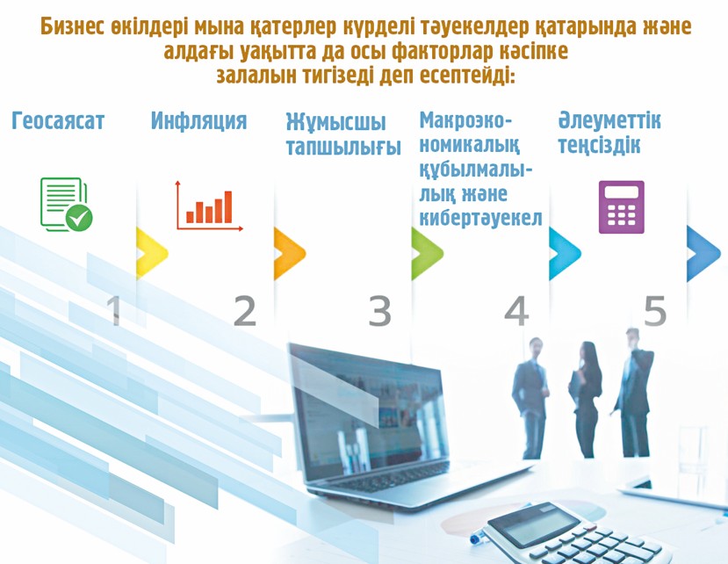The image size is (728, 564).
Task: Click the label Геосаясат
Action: point(58,121)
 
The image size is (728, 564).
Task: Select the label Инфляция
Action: point(198,121)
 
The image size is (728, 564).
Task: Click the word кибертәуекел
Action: point(480,217)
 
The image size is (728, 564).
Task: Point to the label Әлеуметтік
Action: point(609,120)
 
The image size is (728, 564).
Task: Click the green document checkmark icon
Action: point(66,204)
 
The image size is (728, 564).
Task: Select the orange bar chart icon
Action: point(209,206)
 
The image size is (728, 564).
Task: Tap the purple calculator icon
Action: point(621,206)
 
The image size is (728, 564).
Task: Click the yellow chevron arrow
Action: point(150,253)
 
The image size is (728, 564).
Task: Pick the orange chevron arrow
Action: point(288,253)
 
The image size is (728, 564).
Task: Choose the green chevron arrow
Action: point(426,253)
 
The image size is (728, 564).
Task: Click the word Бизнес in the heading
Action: point(79,27)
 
